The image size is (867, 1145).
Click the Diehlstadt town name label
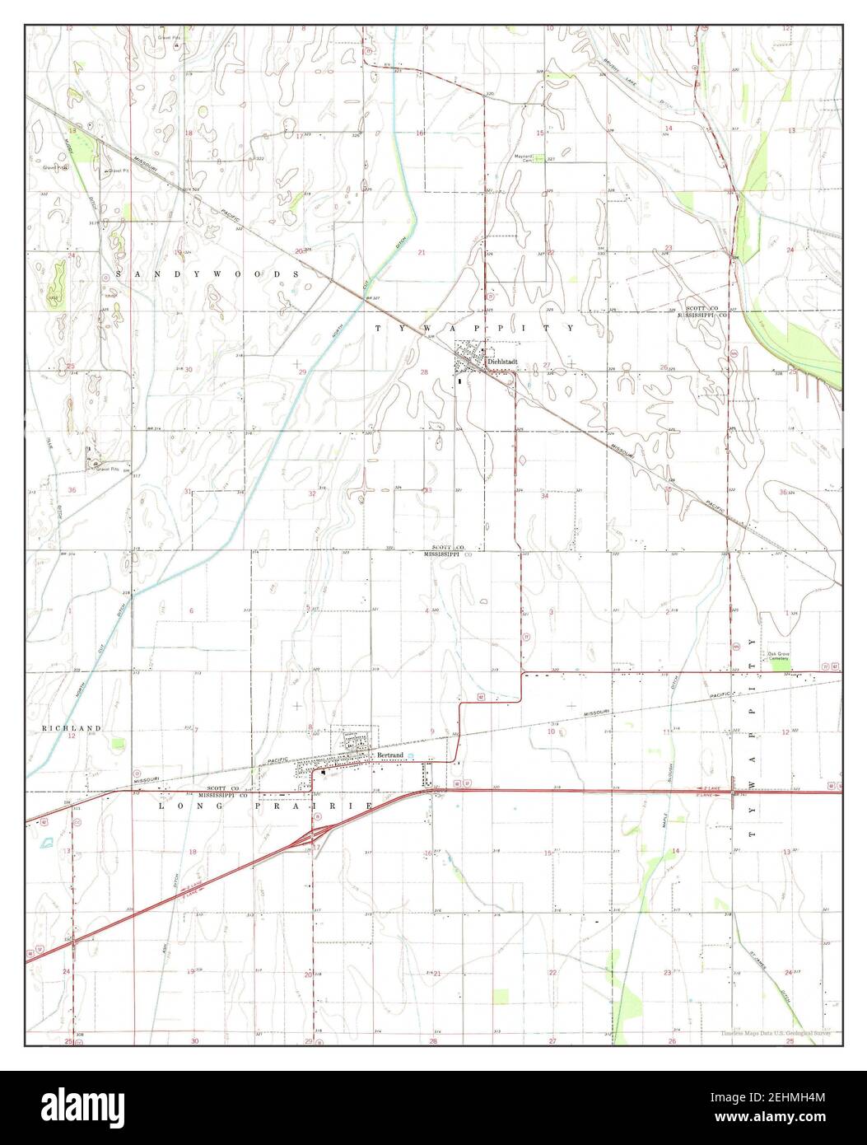[501, 361]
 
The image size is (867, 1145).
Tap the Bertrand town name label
[389, 755]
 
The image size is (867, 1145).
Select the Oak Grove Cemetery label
[779, 657]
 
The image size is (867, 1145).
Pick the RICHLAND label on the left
[71, 728]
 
